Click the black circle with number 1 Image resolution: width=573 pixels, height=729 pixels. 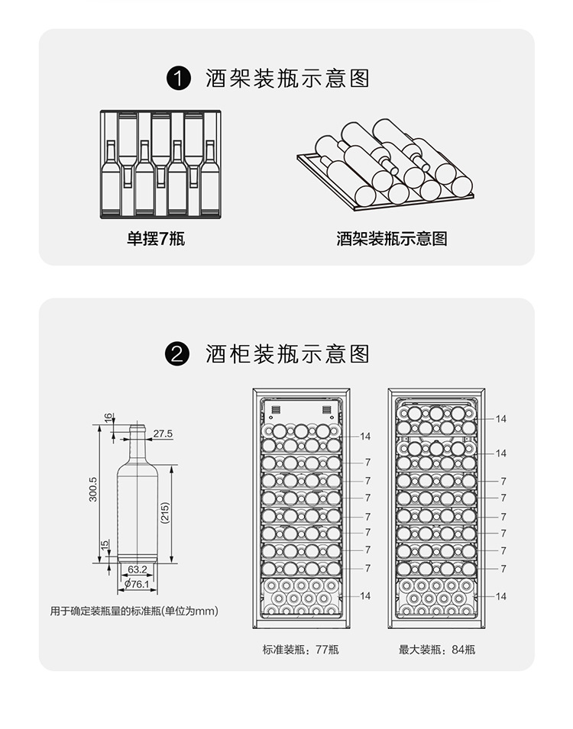pos(178,79)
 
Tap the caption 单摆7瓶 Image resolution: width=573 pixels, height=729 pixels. pos(156,239)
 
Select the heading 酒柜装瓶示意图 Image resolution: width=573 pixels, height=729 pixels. pos(287,354)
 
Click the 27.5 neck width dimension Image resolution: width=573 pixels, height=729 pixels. pos(163,434)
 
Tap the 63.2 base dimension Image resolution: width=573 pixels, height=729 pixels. pos(138,569)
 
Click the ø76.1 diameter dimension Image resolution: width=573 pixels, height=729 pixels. pos(137,584)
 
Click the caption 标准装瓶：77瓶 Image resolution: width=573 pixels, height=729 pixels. pos(300,650)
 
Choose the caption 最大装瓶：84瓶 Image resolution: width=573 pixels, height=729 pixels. pos(437,650)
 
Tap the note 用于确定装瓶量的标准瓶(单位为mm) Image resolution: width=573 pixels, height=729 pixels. pos(134,611)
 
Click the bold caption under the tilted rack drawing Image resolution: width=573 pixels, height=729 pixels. pos(392,239)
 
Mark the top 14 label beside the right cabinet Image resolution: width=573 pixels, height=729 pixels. pos(501,419)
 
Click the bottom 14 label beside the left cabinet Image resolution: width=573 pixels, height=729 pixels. pos(365,596)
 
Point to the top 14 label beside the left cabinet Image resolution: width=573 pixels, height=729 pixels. pos(365,437)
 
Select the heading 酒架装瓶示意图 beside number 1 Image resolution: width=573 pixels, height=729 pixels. pos(287,79)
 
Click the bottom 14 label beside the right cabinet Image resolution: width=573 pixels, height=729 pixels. pos(501,596)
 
